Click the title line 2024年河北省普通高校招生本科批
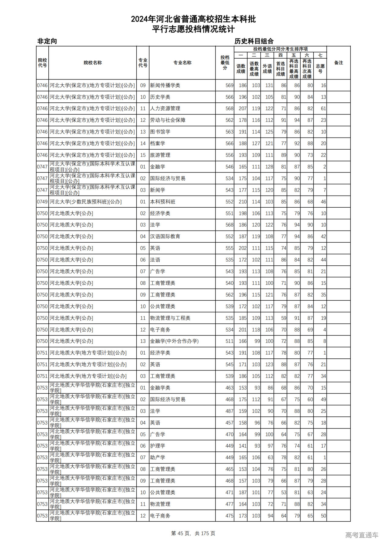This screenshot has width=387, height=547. [193, 19]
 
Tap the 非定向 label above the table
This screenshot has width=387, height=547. [47, 41]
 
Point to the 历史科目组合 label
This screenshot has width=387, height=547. [254, 41]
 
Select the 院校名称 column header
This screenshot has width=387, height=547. [93, 63]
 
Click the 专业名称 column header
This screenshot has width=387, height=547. [182, 63]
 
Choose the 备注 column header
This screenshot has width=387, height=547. [338, 63]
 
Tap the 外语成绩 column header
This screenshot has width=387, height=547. [267, 69]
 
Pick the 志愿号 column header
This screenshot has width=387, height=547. [320, 69]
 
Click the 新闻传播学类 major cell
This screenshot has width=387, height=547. [165, 86]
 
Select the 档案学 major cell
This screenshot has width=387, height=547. [158, 144]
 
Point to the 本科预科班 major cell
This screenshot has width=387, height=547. [163, 202]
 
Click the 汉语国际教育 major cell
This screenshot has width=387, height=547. [165, 237]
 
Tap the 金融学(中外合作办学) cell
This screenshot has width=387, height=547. [174, 341]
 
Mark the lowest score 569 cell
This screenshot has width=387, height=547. [229, 86]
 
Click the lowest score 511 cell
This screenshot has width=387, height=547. [229, 341]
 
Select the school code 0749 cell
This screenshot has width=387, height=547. [42, 202]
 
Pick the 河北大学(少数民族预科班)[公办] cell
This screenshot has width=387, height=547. [86, 202]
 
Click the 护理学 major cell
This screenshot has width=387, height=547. [158, 446]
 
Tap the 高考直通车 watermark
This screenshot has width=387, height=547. [362, 535]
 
